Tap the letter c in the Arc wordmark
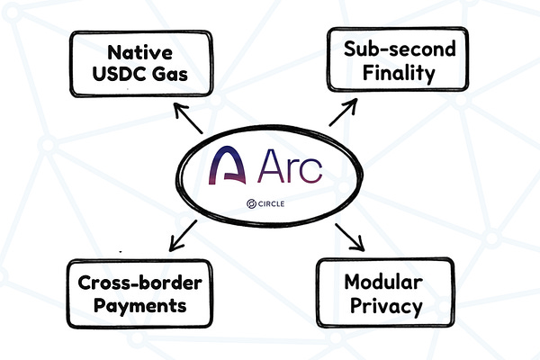point(310,171)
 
